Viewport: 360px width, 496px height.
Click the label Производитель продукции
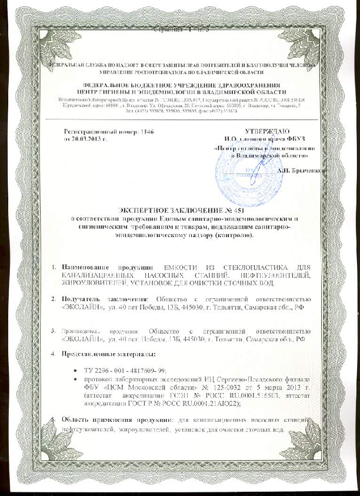(99, 331)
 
